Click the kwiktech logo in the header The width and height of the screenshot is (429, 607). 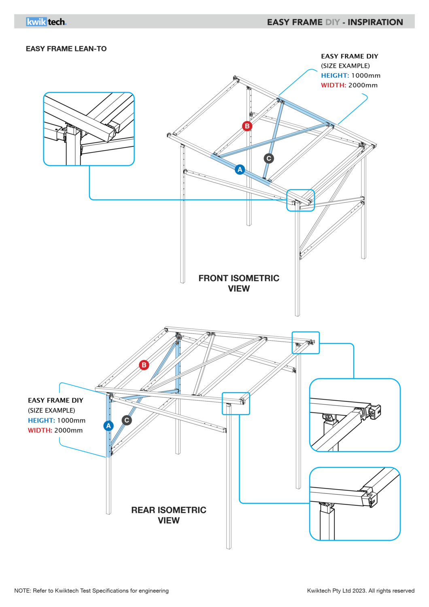[x=46, y=22]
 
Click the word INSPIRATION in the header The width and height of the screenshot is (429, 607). [x=375, y=22]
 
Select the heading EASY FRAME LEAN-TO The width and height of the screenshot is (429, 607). [x=66, y=49]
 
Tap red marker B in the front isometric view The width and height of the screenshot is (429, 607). [x=247, y=126]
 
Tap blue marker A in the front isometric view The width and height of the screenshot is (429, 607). [x=240, y=170]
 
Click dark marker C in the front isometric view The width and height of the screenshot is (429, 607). [x=269, y=158]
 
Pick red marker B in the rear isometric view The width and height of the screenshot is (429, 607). [x=144, y=365]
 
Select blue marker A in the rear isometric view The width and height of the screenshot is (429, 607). [x=108, y=426]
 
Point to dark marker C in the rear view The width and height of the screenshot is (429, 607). [x=127, y=420]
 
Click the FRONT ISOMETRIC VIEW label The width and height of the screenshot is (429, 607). [x=239, y=283]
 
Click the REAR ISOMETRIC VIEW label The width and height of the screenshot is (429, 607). [x=169, y=515]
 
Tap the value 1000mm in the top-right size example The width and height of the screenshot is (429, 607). [x=365, y=76]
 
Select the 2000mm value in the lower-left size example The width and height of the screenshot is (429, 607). [x=68, y=430]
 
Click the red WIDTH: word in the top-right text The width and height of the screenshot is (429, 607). [x=333, y=85]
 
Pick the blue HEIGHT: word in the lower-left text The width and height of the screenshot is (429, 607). [x=41, y=420]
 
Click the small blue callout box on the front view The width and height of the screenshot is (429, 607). [x=301, y=200]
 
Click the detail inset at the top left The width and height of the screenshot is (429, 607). [x=89, y=129]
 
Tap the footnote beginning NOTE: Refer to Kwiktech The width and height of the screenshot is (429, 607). [x=91, y=590]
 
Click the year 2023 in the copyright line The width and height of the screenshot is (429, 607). [x=359, y=590]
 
